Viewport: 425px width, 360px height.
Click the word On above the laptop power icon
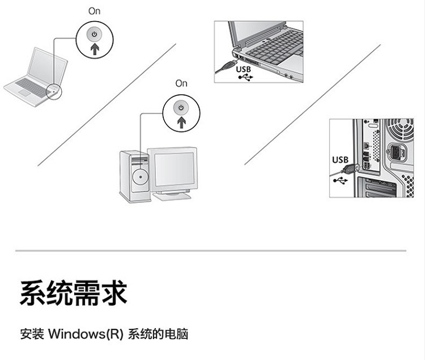coord(94,11)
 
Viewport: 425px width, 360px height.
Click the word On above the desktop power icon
coord(181,83)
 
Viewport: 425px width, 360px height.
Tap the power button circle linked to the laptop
coord(94,40)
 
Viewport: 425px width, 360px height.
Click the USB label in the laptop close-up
coord(243,69)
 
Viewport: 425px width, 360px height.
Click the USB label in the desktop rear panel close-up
coord(340,160)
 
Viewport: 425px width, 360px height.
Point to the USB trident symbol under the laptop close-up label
coord(244,78)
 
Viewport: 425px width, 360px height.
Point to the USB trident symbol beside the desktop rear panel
coord(339,180)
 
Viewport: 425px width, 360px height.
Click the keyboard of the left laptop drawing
coord(31,86)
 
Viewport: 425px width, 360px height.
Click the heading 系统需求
coord(73,293)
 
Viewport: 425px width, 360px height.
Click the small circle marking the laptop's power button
coord(53,89)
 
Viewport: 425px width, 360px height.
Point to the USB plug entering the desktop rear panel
coord(352,169)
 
